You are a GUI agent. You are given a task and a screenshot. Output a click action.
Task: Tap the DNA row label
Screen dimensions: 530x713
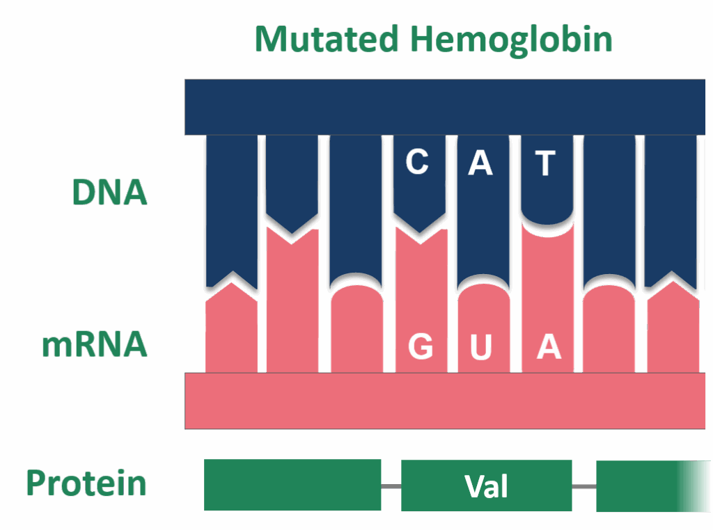[110, 191]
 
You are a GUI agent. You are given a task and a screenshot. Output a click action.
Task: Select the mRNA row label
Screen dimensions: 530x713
[94, 344]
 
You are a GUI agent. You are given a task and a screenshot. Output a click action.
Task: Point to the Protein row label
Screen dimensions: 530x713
[87, 483]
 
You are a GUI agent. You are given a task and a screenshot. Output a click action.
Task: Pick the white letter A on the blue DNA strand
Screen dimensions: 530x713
[480, 163]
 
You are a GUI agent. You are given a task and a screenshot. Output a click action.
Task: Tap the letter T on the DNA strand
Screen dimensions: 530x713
[545, 163]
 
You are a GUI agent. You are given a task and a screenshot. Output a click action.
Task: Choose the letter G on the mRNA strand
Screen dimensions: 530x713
[420, 346]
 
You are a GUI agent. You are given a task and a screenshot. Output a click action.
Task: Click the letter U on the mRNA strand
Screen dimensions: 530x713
[481, 347]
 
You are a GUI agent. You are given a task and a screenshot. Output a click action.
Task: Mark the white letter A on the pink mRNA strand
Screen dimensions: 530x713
[549, 346]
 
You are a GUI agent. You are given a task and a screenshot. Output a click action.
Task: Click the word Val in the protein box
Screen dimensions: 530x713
[487, 486]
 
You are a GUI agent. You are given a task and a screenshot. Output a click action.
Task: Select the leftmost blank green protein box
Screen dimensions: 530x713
[292, 485]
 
